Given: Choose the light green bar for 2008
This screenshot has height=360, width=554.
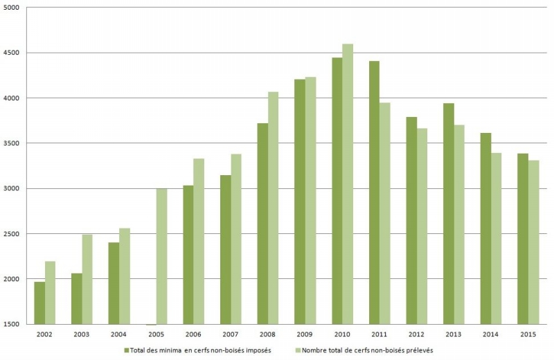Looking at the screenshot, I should (x=273, y=208).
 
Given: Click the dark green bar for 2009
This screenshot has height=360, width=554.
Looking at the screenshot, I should (x=300, y=201).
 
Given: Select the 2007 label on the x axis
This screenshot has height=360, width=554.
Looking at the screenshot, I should (x=231, y=334).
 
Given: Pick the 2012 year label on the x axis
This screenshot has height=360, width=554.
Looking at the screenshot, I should (x=416, y=334).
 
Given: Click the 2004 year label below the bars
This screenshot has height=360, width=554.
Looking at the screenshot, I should (x=118, y=334).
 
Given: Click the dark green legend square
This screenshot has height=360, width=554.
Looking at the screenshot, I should (x=127, y=350).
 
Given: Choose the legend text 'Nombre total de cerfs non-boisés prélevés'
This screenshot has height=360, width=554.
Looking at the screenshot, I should (x=366, y=350).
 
